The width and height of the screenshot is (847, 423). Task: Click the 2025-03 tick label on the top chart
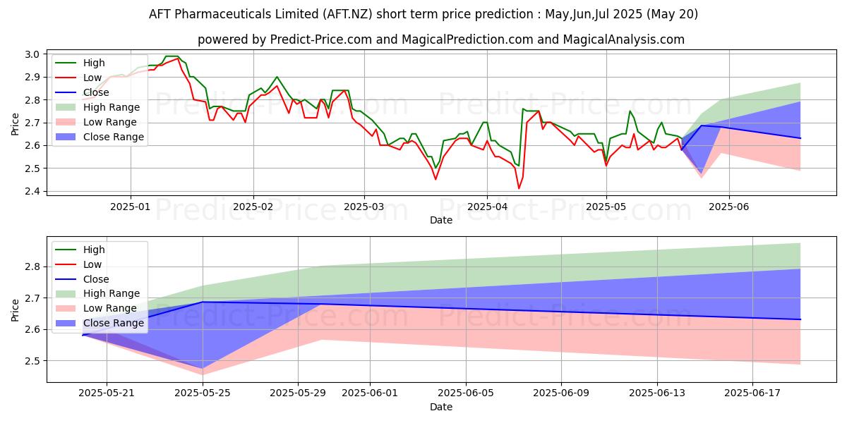tap(364, 207)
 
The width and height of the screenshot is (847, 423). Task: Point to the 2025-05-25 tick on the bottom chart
tap(203, 393)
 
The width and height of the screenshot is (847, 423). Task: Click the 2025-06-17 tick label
tap(752, 393)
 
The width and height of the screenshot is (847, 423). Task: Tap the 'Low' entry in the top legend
tap(92, 78)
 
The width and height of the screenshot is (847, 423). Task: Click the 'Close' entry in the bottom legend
tap(96, 279)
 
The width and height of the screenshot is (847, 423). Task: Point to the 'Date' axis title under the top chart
tap(441, 220)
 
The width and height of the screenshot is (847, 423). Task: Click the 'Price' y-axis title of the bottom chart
tap(16, 309)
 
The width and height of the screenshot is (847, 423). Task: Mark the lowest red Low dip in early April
tap(519, 188)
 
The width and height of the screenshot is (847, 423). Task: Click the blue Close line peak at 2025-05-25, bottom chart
tap(203, 302)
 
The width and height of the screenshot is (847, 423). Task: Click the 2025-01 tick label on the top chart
tap(130, 207)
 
